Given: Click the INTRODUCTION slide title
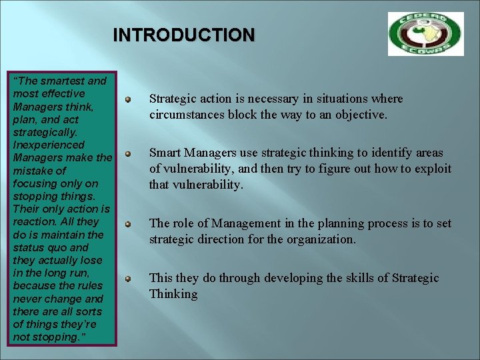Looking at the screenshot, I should pos(183,35).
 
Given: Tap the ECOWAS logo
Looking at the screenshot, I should pos(425,33).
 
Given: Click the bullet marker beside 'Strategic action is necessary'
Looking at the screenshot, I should pos(127,100).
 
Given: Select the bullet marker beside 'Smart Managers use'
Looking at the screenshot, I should pos(127,154).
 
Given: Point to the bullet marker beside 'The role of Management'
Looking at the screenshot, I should pos(127,224).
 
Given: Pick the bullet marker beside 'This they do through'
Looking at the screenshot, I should pos(127,278).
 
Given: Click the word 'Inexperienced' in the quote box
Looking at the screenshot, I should pos(49,145).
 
